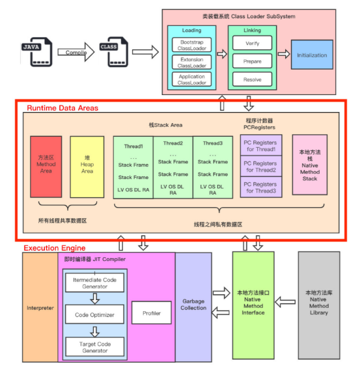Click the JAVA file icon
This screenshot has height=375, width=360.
tap(37, 52)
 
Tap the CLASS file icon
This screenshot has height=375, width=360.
tap(114, 52)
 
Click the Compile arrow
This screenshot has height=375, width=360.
tap(76, 52)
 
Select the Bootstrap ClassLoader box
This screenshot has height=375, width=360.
tap(191, 45)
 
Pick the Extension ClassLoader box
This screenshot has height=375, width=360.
tap(191, 62)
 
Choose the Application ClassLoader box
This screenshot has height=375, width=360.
tap(191, 79)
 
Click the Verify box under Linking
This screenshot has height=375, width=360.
tap(252, 43)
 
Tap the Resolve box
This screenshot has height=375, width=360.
tap(252, 79)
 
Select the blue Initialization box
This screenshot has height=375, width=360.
tap(312, 55)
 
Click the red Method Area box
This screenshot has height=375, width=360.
tap(46, 167)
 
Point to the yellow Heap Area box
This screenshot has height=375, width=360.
tap(87, 167)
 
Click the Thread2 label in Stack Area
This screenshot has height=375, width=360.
tap(173, 143)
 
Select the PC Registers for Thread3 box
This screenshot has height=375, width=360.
tap(261, 187)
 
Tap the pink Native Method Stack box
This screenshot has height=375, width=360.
tap(310, 165)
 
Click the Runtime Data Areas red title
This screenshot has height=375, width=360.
tap(62, 108)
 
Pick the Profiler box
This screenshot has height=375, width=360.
tap(152, 312)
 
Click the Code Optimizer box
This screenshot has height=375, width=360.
tap(95, 314)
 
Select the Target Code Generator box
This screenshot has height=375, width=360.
tap(95, 347)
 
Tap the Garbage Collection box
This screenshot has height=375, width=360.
tap(193, 307)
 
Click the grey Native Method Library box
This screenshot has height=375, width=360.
tap(319, 305)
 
